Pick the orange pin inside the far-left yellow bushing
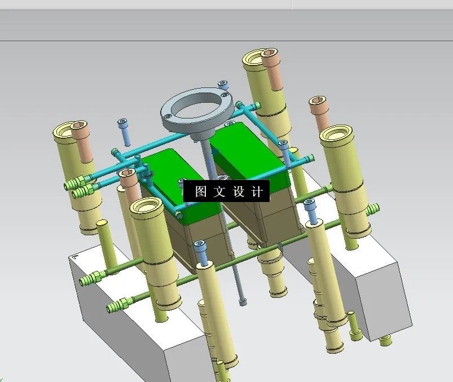(x=82, y=139)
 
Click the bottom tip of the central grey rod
(x=243, y=302)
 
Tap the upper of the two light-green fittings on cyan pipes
(x=75, y=183)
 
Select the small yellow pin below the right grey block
(x=386, y=340)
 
